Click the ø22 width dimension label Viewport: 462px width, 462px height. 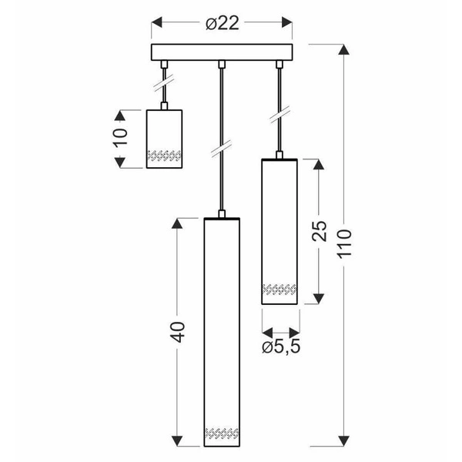[x=223, y=24]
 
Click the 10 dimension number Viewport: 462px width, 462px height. [x=120, y=139]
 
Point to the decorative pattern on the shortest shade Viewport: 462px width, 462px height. [x=163, y=156]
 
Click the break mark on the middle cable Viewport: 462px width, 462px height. [x=222, y=145]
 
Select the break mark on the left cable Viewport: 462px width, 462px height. [x=163, y=80]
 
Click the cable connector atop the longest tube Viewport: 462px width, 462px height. [x=222, y=215]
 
